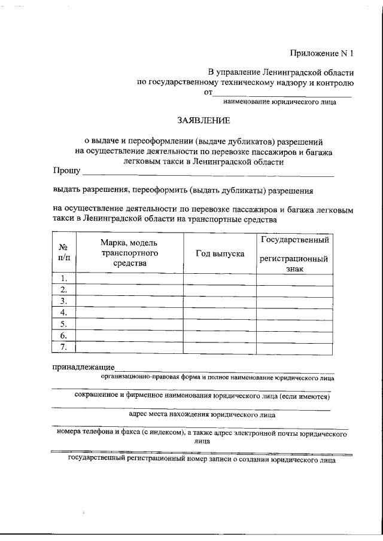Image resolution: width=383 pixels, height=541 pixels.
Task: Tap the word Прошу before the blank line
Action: (66, 172)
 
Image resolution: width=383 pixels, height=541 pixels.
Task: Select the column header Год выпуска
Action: (220, 253)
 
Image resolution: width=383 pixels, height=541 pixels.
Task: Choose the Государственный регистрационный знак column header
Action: (294, 253)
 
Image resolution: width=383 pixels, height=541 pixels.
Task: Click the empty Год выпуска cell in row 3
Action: (220, 301)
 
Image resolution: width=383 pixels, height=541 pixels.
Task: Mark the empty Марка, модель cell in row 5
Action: (129, 324)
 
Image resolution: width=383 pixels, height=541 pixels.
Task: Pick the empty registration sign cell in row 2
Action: (294, 290)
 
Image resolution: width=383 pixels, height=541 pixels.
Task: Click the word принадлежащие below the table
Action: (83, 366)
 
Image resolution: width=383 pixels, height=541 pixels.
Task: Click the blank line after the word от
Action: (282, 93)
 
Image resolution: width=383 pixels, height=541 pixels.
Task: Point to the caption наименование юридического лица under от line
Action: (282, 102)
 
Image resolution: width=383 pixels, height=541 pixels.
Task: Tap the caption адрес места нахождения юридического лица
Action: (202, 414)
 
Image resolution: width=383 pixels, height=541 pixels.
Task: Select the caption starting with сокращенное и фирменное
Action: (202, 396)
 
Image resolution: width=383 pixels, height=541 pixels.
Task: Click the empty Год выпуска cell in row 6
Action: (220, 335)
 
